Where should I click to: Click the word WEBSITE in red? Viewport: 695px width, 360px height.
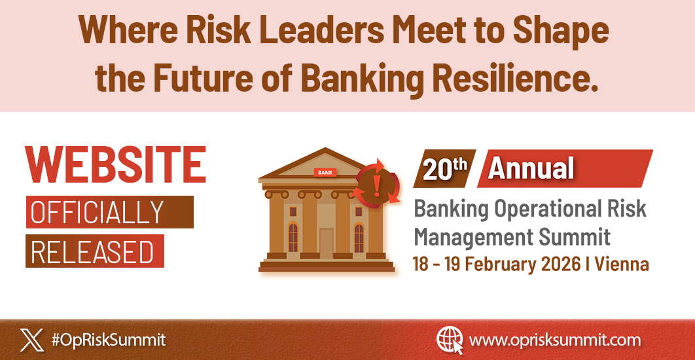115,164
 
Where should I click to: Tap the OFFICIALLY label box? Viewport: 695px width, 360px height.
109,212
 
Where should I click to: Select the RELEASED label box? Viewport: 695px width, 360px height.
94,251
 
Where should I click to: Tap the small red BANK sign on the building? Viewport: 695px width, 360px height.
325,173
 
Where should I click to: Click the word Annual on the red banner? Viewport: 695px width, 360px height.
531,169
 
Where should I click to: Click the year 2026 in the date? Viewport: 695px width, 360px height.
560,264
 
